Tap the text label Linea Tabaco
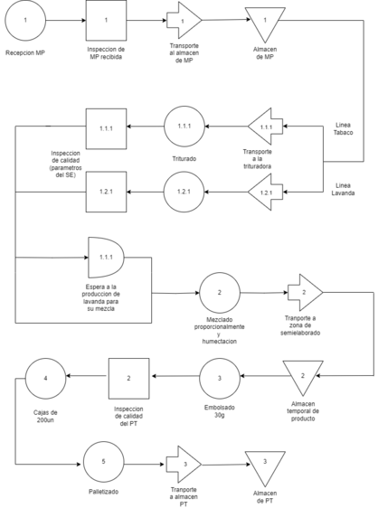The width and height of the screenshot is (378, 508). point(344,128)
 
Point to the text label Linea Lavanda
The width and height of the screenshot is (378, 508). point(343,189)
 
